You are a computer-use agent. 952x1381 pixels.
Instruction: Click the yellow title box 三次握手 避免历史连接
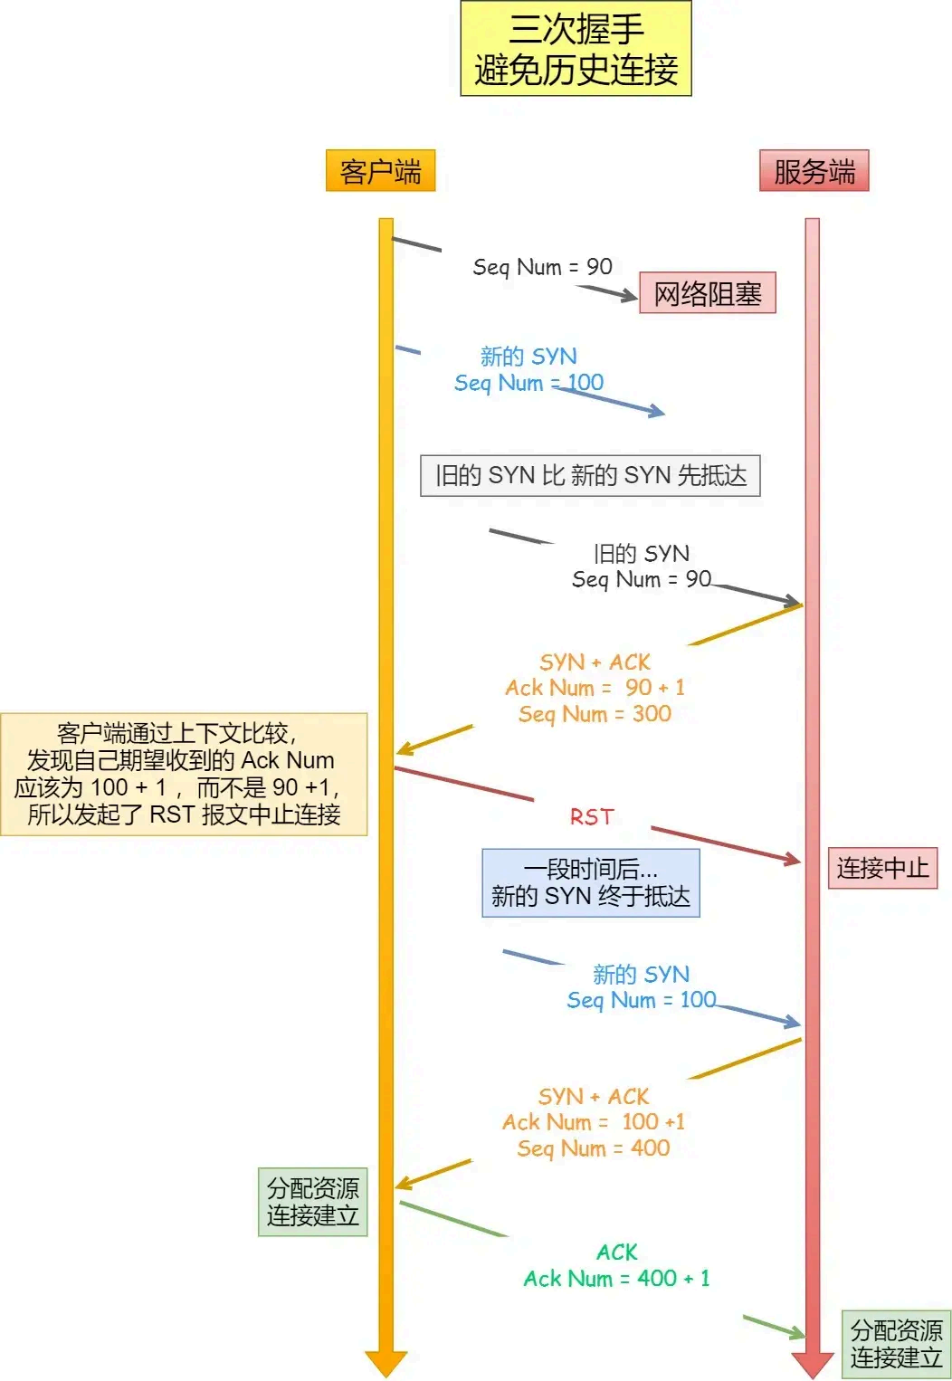(576, 49)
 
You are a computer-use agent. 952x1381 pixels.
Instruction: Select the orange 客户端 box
(380, 171)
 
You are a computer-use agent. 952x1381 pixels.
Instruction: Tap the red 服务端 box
(814, 171)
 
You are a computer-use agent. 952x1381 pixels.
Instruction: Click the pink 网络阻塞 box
(707, 293)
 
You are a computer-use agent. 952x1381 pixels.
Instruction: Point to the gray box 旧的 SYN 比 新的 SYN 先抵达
(590, 476)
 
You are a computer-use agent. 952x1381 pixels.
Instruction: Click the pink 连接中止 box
(882, 869)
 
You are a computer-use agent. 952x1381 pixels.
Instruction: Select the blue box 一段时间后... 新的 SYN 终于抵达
(590, 882)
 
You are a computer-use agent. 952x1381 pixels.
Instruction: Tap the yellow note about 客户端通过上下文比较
(184, 774)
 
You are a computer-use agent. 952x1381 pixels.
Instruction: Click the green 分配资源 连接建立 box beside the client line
(312, 1202)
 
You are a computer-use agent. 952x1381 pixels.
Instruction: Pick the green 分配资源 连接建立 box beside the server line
(896, 1344)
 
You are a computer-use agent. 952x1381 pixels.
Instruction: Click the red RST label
(592, 817)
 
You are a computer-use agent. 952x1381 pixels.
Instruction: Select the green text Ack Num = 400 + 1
(616, 1278)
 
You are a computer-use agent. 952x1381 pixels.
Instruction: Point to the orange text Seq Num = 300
(595, 714)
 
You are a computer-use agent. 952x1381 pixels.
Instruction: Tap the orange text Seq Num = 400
(594, 1148)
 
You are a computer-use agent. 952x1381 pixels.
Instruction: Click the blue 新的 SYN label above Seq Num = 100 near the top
(528, 357)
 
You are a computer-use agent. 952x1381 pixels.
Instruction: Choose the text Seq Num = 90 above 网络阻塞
(542, 267)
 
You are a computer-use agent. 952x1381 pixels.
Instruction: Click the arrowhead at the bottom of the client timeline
(386, 1363)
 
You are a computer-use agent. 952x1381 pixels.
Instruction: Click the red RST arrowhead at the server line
(794, 859)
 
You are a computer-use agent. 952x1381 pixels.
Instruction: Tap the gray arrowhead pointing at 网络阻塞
(630, 295)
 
